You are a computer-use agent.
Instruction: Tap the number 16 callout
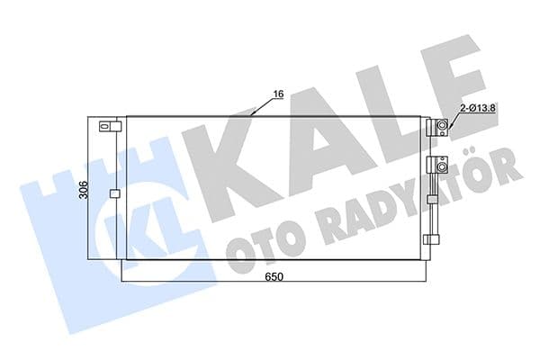[x=277, y=93]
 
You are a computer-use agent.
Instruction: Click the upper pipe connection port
[x=442, y=127]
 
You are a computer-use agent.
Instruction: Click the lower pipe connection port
[x=441, y=165]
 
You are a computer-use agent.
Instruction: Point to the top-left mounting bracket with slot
[x=106, y=126]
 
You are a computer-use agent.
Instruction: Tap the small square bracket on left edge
[x=113, y=193]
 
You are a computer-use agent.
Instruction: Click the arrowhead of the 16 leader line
[x=255, y=114]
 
